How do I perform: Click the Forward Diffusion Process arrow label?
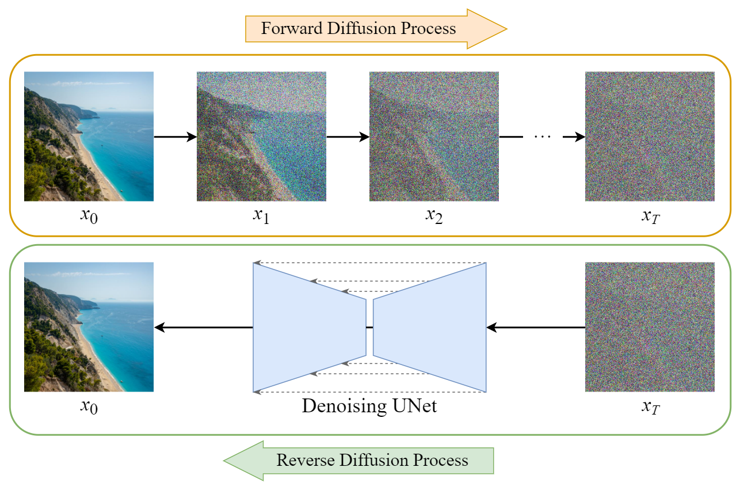tap(358, 28)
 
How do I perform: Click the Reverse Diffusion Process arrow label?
tap(372, 461)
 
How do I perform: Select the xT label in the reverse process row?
tap(650, 408)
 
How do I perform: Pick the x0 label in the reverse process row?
tap(89, 408)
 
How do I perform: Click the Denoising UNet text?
tap(369, 406)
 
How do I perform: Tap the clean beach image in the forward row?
tap(89, 136)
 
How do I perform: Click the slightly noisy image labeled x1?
tap(261, 136)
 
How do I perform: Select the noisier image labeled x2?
tap(434, 136)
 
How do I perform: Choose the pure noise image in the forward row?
tap(650, 136)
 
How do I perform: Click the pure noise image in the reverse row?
tap(650, 327)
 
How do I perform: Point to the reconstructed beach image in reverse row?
tap(89, 327)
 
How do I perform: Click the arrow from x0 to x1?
tap(175, 137)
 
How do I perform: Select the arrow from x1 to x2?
tap(348, 137)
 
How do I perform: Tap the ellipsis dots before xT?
tap(543, 137)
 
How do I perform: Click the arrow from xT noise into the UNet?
tap(535, 328)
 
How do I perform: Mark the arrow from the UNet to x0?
tap(204, 328)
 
